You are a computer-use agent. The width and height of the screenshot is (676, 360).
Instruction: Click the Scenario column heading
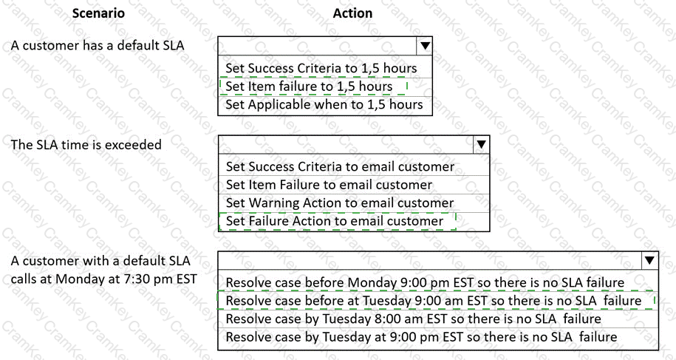98,13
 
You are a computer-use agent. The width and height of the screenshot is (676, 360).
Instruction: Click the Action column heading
352,13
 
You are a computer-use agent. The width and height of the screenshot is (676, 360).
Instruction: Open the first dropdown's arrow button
425,46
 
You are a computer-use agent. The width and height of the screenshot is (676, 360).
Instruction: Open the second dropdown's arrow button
481,144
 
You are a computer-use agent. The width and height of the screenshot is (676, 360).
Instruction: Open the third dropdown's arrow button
649,260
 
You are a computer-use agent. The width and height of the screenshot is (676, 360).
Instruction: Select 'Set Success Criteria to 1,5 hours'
321,68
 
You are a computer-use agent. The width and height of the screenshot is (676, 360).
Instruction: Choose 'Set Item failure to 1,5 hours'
309,86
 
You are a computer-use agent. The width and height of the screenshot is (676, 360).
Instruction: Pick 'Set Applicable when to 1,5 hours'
324,104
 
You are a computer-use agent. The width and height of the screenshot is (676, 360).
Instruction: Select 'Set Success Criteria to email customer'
340,166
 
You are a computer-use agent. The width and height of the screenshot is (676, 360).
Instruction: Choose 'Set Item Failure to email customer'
329,185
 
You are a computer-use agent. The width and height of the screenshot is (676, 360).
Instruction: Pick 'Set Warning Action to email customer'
340,203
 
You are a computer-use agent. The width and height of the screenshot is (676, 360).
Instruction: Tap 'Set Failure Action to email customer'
335,221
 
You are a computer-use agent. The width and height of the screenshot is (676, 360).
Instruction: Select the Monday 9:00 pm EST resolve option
425,282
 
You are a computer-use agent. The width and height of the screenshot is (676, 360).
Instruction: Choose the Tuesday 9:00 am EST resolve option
434,301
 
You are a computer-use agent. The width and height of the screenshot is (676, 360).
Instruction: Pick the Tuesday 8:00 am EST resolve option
413,319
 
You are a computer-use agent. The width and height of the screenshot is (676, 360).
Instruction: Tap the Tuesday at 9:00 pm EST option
421,337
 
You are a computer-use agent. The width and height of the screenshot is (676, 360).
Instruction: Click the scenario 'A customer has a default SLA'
98,45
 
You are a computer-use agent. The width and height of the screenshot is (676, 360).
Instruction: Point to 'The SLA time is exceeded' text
86,144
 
